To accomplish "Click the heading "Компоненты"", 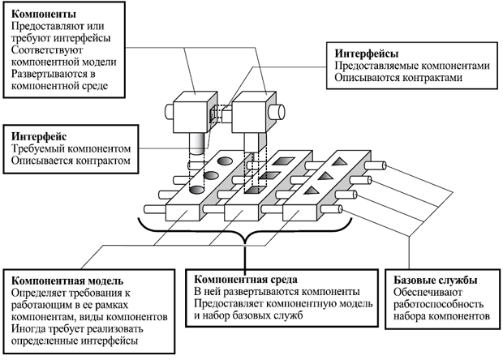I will [42, 15].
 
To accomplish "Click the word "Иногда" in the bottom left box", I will [29, 329].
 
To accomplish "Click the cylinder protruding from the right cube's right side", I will [275, 110].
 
